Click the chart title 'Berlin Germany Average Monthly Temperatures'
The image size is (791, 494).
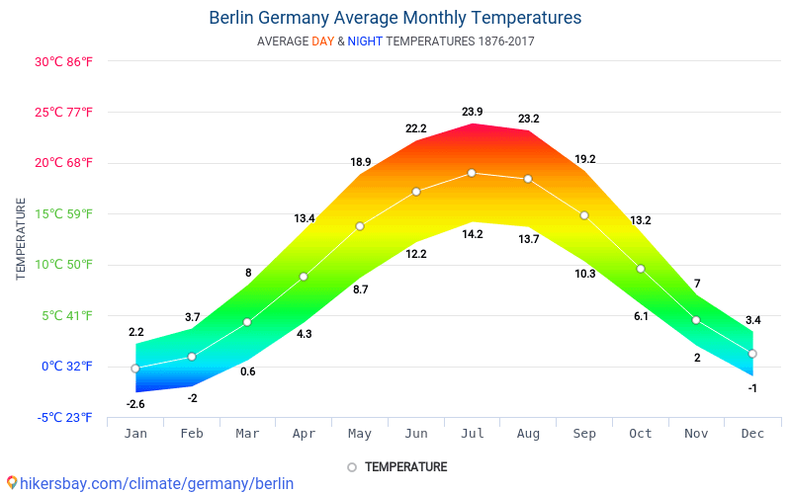395,18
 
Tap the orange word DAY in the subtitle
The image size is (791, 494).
322,41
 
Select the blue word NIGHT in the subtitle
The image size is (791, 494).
365,41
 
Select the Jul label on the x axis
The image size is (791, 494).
472,434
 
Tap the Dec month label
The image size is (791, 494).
752,434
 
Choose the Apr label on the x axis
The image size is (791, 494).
304,434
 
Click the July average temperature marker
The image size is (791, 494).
472,173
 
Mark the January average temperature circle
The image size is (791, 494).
135,369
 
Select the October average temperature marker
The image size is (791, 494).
641,269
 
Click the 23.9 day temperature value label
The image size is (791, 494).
472,112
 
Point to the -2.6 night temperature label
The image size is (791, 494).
135,404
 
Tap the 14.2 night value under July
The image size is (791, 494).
472,234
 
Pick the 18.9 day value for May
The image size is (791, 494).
360,162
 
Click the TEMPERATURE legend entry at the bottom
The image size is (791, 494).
397,467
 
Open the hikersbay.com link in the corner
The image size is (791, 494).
149,483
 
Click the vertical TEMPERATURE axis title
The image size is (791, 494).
21,239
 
